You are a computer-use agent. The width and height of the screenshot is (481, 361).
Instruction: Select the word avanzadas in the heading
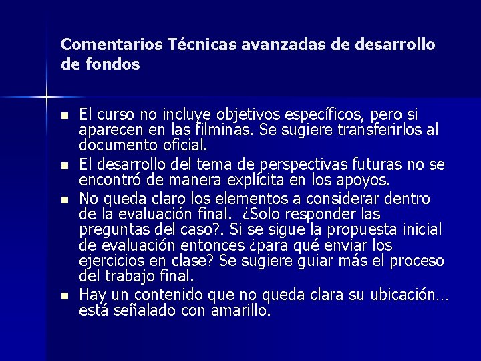pos(279,45)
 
